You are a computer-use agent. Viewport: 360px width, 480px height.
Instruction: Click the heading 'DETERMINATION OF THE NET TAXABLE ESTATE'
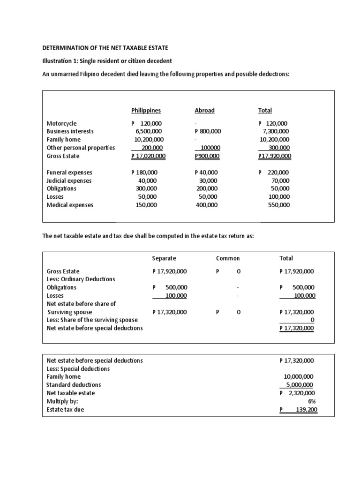pos(105,48)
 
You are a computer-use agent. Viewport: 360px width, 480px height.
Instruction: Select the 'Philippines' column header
pos(146,111)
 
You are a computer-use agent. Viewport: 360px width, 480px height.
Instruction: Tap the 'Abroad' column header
pos(204,111)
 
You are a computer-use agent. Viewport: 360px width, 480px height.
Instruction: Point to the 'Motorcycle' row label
pos(61,123)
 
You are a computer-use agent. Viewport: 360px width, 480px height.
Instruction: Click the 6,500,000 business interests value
pos(150,131)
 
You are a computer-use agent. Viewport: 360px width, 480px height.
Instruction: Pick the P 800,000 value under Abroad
pos(208,131)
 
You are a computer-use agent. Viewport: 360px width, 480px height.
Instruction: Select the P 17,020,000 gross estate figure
pos(149,156)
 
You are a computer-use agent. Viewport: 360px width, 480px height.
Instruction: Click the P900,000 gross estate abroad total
pos(207,156)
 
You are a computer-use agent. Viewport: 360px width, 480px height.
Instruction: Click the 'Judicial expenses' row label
pos(69,180)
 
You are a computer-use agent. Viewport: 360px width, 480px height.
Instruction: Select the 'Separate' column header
pos(164,258)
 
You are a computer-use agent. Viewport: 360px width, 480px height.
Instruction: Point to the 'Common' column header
pos(228,258)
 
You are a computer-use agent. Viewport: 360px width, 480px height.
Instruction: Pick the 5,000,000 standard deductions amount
pos(300,385)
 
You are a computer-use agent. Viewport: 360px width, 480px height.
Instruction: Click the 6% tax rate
pos(310,401)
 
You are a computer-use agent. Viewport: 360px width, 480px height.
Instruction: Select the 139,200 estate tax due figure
pos(304,410)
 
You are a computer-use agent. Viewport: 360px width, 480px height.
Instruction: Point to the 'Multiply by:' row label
pos(62,401)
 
